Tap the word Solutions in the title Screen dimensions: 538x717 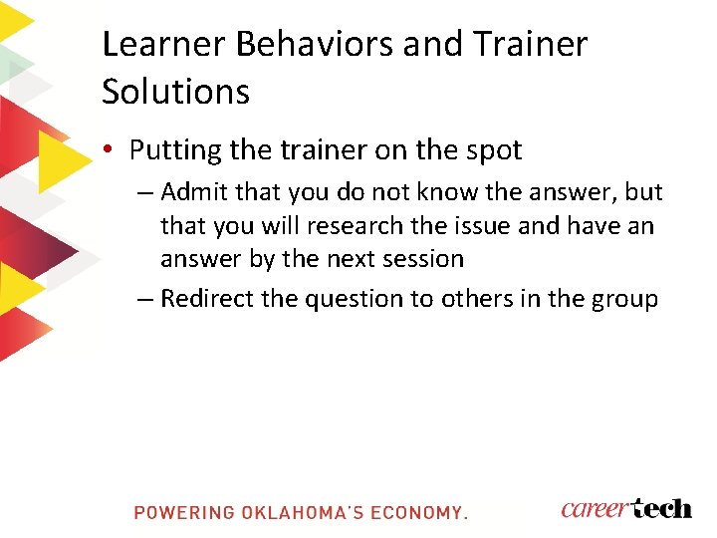coord(175,92)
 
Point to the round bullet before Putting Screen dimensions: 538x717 coord(110,150)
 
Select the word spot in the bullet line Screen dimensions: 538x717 coord(491,150)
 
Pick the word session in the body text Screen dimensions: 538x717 coord(422,259)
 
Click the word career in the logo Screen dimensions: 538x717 coord(595,508)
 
